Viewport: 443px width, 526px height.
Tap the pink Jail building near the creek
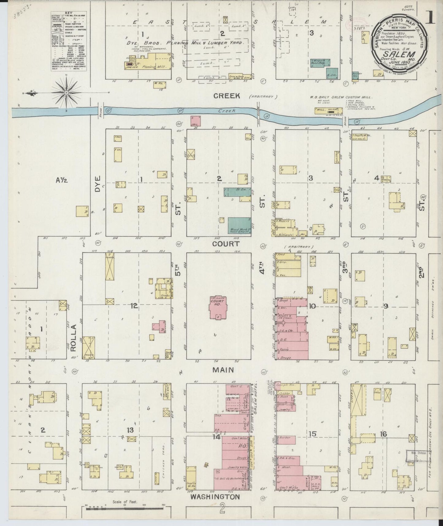(x=196, y=121)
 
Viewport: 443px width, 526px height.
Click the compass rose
(x=66, y=92)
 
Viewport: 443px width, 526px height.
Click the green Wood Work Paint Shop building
(x=239, y=225)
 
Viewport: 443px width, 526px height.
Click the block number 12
(x=134, y=306)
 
